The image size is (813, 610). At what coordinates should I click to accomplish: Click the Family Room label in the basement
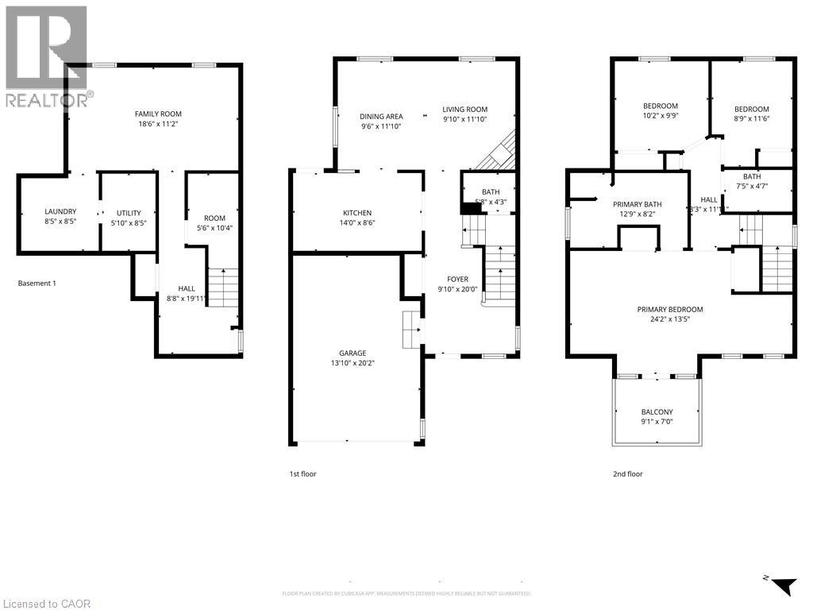tap(158, 114)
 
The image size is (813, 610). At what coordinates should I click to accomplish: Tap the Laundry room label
tap(60, 211)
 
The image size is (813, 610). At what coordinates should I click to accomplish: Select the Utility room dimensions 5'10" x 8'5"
tap(127, 223)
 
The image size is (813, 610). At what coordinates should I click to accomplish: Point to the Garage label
tap(354, 353)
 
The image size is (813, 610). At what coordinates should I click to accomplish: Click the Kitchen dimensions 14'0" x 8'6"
tap(357, 223)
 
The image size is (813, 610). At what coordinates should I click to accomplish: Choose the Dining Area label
tap(381, 116)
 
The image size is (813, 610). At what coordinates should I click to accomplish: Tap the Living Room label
tap(464, 110)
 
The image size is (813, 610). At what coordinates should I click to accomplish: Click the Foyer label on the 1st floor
tap(457, 279)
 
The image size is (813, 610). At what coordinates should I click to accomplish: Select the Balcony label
tap(657, 411)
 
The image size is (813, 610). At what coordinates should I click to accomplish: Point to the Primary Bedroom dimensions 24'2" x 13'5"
tap(669, 320)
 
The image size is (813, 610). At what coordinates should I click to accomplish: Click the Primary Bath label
tap(637, 204)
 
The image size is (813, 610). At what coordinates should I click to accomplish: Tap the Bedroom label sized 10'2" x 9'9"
tap(660, 106)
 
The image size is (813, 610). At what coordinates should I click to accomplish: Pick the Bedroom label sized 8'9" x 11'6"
tap(751, 109)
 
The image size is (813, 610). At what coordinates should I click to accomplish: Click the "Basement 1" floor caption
tap(37, 283)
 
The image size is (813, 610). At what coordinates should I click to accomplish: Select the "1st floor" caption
tap(302, 474)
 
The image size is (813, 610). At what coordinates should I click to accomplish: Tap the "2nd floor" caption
tap(627, 474)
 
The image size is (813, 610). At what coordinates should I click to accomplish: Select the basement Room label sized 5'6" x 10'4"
tap(214, 218)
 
